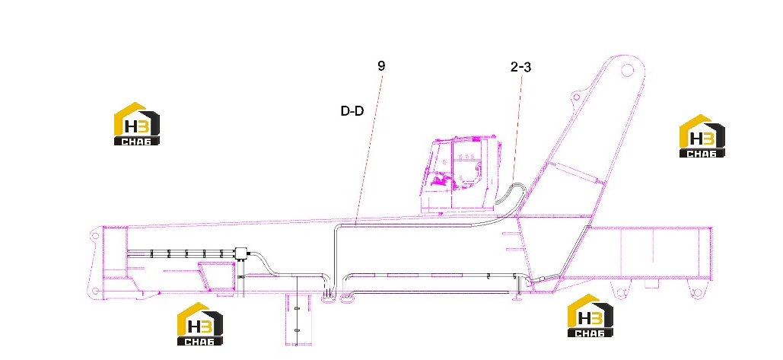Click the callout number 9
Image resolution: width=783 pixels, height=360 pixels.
coord(381,66)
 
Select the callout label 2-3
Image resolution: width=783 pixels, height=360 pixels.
coord(520,68)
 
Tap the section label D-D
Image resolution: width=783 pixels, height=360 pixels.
coord(352,111)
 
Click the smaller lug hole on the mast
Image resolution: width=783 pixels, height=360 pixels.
coord(577,97)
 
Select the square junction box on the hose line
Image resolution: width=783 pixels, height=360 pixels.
coord(243,253)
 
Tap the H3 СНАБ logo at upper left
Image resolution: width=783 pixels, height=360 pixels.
coord(137,124)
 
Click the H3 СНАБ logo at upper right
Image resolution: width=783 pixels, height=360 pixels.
coord(702,135)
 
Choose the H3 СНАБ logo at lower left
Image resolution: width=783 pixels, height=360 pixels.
coord(200,324)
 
